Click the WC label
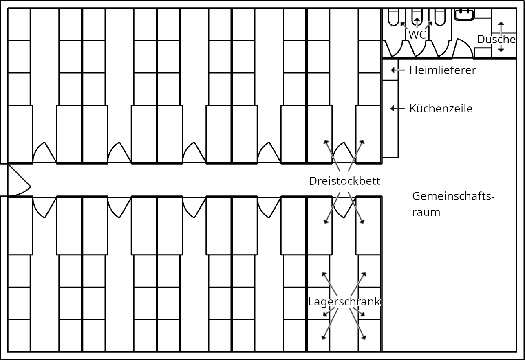point(417,35)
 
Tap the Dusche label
point(496,40)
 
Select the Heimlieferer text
point(443,70)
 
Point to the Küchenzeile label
point(441,109)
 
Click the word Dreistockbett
point(344,181)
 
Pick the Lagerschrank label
point(344,302)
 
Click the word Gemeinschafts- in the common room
point(453,196)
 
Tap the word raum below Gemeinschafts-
point(426,212)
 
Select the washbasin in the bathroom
point(465,14)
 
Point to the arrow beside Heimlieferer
point(394,70)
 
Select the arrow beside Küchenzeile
point(394,108)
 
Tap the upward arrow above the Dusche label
point(501,26)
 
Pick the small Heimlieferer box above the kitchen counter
point(390,70)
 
